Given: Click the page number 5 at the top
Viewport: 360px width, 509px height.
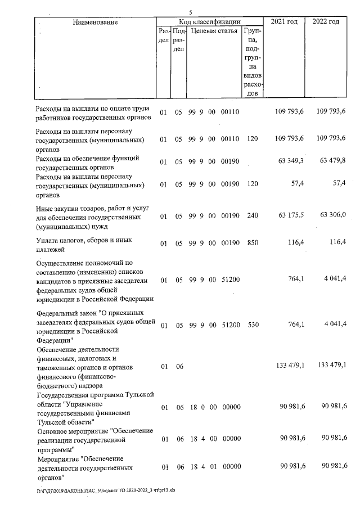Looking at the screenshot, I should pos(191,12).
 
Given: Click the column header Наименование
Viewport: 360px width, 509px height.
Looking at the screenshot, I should pos(95,22).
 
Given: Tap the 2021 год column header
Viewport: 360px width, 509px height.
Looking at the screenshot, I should pos(284,21).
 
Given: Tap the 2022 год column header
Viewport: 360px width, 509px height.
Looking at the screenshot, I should pos(326,21).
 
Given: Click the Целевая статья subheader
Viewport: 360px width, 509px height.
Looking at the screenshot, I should pos(214,31).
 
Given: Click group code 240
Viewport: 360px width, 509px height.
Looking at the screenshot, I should pos(252,216).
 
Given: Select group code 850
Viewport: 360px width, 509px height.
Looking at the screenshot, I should pos(252,244).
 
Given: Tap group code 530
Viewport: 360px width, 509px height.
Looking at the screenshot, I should pos(252,325).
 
